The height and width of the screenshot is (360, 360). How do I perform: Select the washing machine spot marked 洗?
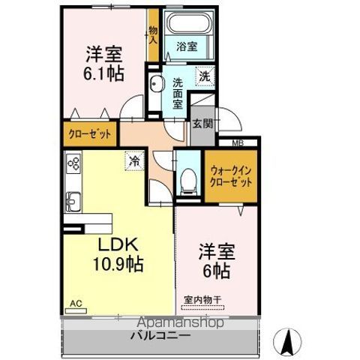[x=205, y=75]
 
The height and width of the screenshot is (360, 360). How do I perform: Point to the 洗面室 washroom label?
[x=178, y=93]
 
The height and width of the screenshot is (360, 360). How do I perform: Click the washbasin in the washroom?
[x=157, y=83]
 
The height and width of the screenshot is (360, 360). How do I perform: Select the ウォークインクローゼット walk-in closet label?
[x=231, y=176]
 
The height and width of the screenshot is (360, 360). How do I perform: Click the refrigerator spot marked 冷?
[x=133, y=160]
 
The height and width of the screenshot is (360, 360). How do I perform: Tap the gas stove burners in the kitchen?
[x=73, y=164]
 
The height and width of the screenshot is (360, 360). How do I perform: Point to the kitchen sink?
[x=74, y=201]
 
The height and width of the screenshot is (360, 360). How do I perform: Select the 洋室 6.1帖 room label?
[x=104, y=64]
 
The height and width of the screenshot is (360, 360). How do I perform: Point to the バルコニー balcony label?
[x=163, y=336]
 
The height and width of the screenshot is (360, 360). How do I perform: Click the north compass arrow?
[x=286, y=342]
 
